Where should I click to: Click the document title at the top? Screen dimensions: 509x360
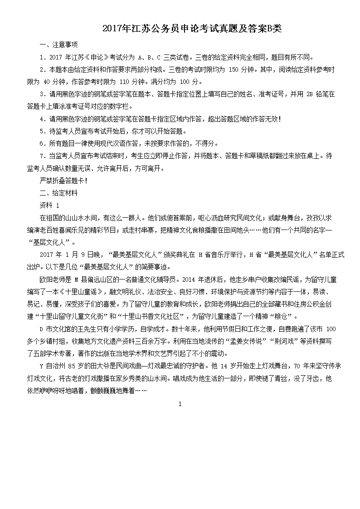coord(192,29)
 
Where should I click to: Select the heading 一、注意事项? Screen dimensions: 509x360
coord(58,45)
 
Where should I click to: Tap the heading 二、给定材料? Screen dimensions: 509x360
coord(58,193)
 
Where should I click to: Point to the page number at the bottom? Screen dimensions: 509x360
coord(180,404)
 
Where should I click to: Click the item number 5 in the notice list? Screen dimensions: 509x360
coord(42,132)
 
